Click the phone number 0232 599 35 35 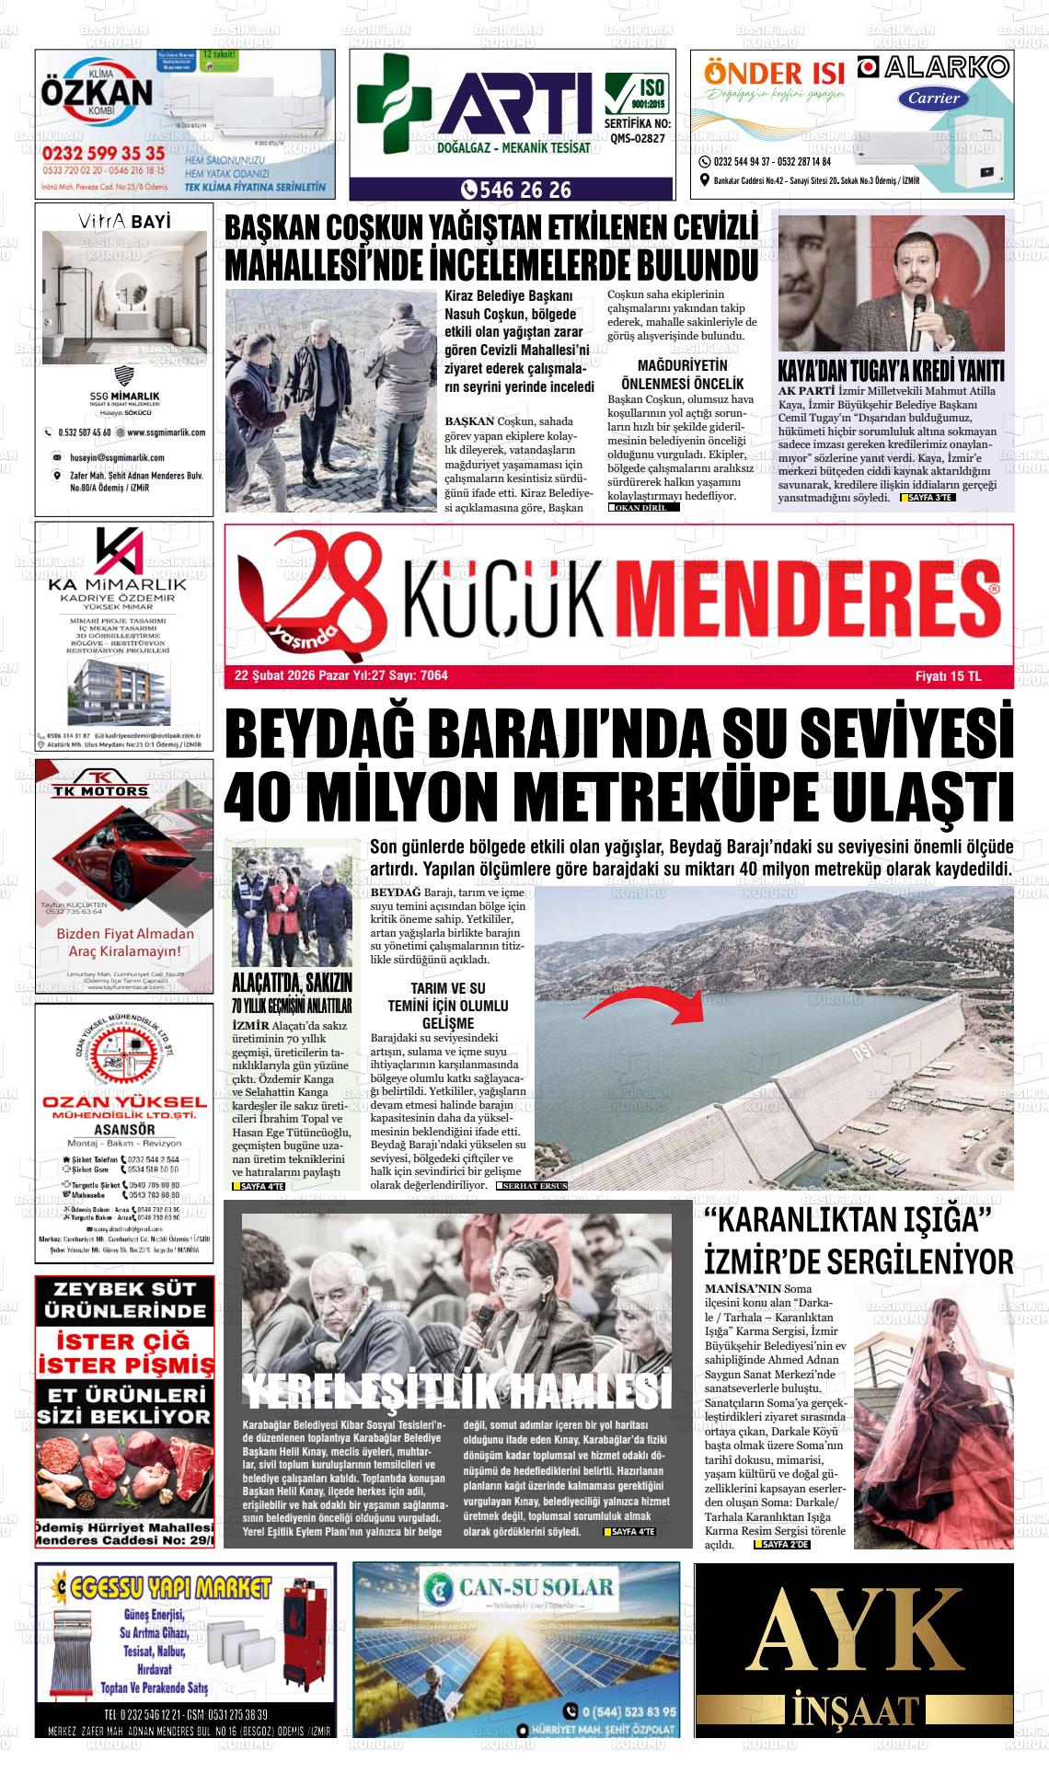pos(103,153)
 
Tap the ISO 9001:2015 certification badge pos(637,96)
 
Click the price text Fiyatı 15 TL pos(948,676)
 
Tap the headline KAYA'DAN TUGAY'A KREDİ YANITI pos(891,371)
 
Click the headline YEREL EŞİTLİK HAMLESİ pos(456,1392)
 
